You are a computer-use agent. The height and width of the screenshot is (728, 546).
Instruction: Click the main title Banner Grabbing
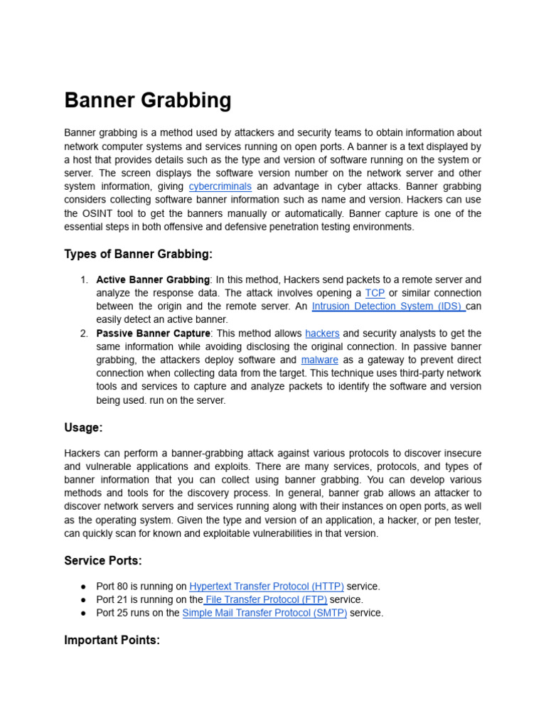tap(148, 100)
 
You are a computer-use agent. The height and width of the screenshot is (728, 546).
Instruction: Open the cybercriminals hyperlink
tap(220, 186)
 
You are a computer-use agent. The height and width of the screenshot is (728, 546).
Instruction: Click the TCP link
tap(375, 293)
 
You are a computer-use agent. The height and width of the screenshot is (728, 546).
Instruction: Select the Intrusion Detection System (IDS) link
tap(386, 306)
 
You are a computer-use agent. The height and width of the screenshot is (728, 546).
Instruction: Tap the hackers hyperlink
tap(322, 333)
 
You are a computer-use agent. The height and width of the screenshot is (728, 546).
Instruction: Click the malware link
tap(319, 360)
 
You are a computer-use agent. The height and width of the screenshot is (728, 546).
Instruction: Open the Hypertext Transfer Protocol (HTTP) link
tap(267, 587)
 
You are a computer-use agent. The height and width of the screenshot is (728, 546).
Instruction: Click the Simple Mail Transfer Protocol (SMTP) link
tap(264, 613)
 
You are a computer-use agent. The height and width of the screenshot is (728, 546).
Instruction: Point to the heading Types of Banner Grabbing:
tap(139, 255)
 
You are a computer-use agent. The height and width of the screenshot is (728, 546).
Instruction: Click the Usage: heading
tap(83, 427)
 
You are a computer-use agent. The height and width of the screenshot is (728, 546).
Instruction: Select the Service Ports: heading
tap(103, 561)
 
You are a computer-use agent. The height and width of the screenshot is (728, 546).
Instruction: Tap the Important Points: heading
tap(112, 640)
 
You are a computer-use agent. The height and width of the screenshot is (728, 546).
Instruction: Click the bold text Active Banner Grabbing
tap(153, 280)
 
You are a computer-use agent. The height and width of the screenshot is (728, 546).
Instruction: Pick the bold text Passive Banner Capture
tap(153, 333)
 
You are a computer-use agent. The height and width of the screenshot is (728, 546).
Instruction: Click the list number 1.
tap(84, 280)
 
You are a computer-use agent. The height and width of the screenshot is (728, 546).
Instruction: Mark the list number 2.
tap(84, 333)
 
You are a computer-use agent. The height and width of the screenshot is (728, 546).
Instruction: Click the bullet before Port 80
tap(83, 587)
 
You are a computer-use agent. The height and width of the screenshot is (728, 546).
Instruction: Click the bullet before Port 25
tap(83, 613)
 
